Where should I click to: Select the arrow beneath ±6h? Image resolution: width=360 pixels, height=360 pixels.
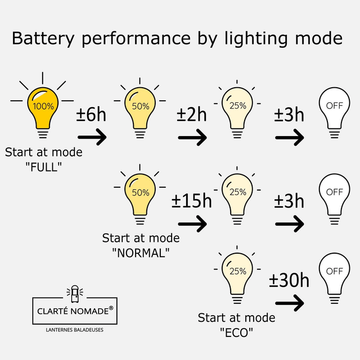pyautogui.click(x=92, y=136)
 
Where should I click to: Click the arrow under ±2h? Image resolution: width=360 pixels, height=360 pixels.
pyautogui.click(x=192, y=136)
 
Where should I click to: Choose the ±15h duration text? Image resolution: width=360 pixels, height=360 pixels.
pyautogui.click(x=192, y=201)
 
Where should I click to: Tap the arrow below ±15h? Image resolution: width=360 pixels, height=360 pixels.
pyautogui.click(x=192, y=223)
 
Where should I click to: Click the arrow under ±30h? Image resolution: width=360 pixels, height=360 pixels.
pyautogui.click(x=290, y=303)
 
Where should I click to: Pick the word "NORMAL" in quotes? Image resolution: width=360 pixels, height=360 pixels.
pyautogui.click(x=141, y=253)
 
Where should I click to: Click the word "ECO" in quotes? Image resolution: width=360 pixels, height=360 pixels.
pyautogui.click(x=236, y=332)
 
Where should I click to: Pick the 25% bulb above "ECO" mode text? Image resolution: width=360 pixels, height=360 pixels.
pyautogui.click(x=237, y=272)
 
